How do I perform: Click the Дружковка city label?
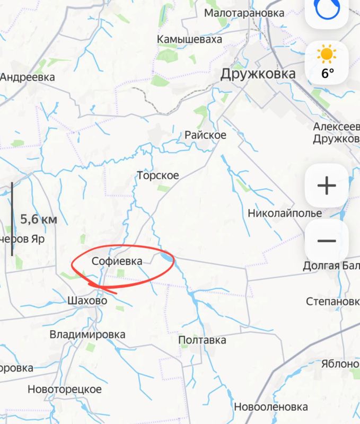pos(258,74)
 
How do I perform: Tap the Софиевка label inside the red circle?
pos(117,261)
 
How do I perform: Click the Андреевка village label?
pos(28,77)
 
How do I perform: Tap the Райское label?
pos(205,135)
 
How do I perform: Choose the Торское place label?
pos(158,175)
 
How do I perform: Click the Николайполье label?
pos(285,214)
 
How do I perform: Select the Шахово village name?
pos(87,301)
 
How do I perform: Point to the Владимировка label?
pos(87,334)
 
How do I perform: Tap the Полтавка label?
pos(202,340)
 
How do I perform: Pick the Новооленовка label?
pos(270,407)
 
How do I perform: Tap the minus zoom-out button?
pos(327,241)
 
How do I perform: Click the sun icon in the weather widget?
pos(327,54)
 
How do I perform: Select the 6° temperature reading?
pos(328,73)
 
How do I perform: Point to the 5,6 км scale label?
pos(38,219)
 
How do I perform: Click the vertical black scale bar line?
pos(12,219)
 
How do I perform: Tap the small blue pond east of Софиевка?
pos(166,257)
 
